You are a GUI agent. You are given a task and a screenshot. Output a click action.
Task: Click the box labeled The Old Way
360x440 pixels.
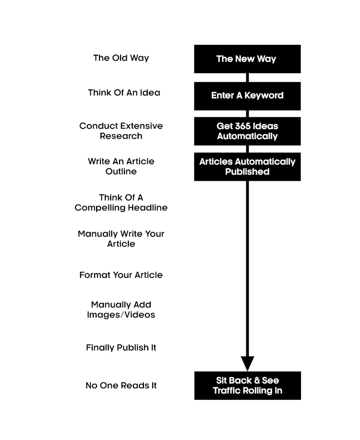click(121, 57)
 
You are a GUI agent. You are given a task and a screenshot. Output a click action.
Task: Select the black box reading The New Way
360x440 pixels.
click(246, 59)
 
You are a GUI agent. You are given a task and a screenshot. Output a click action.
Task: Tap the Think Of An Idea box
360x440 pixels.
click(121, 93)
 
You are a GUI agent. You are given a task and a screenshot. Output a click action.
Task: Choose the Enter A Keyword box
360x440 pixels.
click(246, 96)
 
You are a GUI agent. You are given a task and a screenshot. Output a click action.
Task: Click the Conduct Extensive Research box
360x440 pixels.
click(121, 130)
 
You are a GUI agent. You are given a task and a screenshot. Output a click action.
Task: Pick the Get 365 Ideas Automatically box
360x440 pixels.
click(246, 131)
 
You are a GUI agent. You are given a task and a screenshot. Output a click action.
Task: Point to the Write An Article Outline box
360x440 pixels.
click(121, 166)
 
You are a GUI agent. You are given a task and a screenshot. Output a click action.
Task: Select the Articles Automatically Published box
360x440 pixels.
click(246, 166)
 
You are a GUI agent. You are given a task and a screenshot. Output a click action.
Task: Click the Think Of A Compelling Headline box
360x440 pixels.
click(121, 202)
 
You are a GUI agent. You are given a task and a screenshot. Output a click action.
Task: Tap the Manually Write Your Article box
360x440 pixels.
click(121, 238)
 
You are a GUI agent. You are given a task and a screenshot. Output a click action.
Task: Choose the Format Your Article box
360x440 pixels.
click(121, 274)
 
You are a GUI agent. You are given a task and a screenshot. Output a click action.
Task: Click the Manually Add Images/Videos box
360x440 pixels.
click(121, 310)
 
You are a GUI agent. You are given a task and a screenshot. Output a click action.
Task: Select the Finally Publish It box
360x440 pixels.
click(121, 348)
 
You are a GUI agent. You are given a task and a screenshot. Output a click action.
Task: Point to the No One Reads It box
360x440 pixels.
click(121, 385)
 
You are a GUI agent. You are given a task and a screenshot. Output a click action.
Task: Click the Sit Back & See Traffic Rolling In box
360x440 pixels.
click(247, 385)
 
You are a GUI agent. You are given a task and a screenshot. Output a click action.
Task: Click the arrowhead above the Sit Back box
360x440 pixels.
click(247, 363)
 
